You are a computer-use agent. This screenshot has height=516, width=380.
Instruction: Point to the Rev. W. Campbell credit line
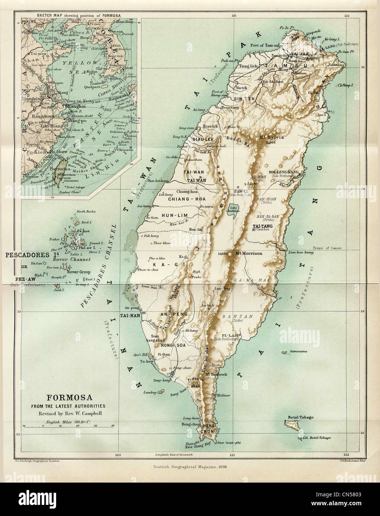click(64, 414)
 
